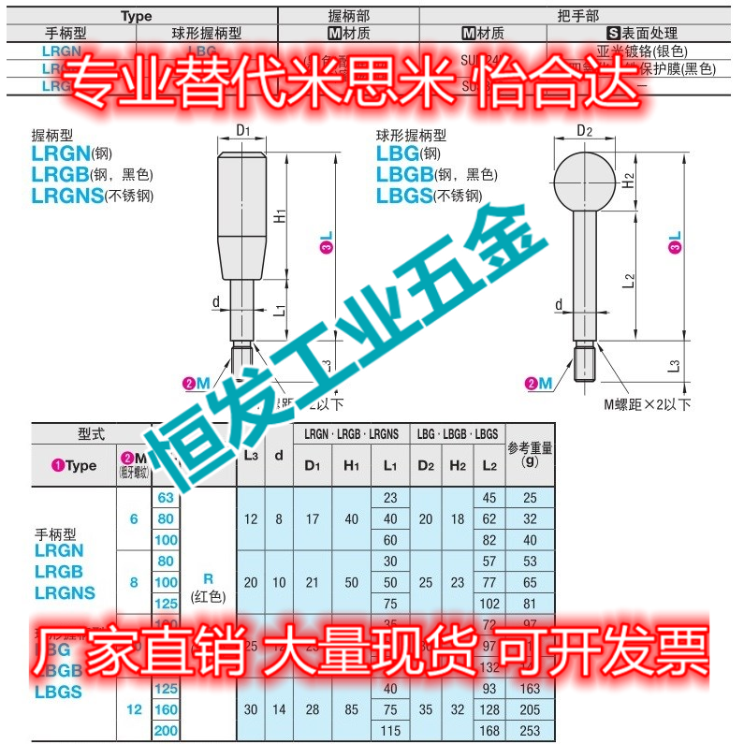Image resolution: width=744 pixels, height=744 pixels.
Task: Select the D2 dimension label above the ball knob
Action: coord(584,130)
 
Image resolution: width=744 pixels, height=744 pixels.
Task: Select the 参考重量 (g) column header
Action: coord(530,454)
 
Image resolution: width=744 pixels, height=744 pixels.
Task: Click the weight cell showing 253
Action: coord(530,731)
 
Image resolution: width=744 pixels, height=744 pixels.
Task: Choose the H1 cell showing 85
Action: coord(351,709)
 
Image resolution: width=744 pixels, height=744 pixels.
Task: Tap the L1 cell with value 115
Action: coord(390,731)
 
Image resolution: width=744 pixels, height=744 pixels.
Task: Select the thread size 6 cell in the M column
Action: coord(134,518)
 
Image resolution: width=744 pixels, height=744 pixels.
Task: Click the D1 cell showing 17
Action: coord(313,518)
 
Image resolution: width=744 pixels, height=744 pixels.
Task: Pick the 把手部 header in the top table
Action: coord(576,15)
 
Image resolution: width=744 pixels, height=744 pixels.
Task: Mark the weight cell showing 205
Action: coord(530,709)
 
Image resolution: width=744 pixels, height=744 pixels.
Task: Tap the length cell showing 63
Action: coord(166,497)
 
